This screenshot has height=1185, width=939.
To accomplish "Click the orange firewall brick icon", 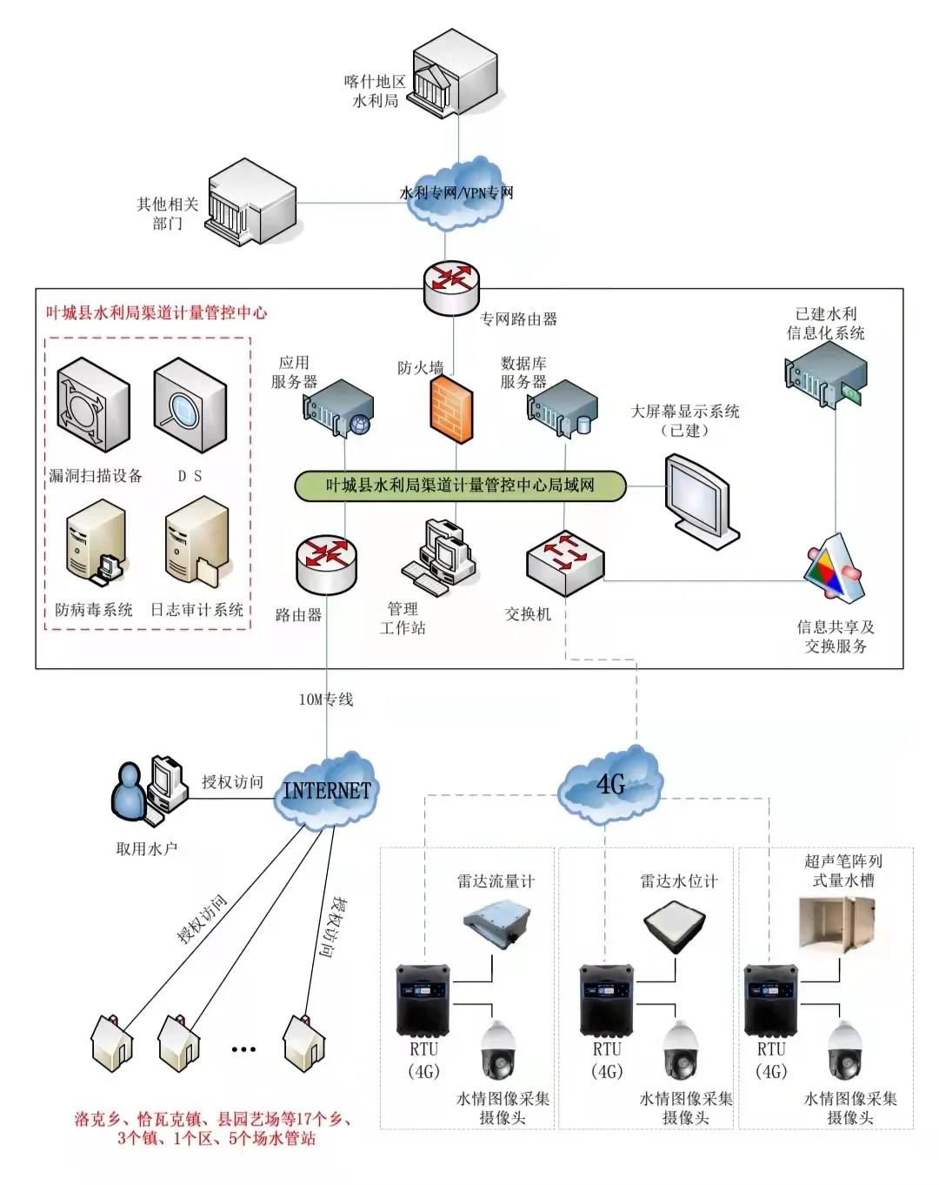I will point(452,407).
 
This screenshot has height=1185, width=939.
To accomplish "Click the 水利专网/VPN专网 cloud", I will point(456,192).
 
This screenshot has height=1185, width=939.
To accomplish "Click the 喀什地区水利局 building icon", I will point(454,70).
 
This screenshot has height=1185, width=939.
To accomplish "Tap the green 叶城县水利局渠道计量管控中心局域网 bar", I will point(461,485).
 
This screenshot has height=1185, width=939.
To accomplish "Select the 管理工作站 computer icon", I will point(440,557).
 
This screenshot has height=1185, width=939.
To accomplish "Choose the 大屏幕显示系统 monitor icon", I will point(700,500).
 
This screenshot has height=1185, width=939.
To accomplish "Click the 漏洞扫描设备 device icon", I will point(93,406).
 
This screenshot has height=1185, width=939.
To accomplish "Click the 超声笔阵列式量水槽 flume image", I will point(837,924).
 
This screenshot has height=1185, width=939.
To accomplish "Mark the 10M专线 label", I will point(326,700).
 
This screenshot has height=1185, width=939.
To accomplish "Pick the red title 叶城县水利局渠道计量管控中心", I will point(156,313).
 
